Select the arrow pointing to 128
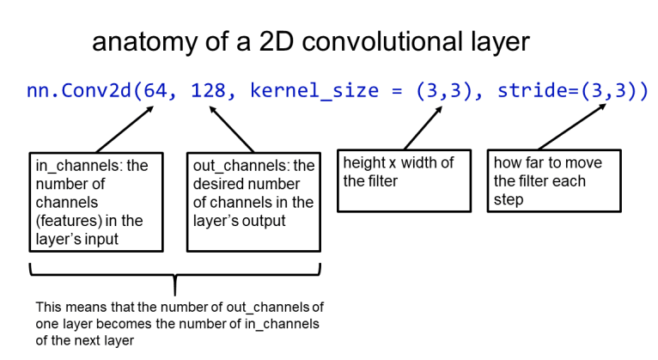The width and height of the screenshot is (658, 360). pos(232,129)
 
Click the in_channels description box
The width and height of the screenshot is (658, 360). pos(95,202)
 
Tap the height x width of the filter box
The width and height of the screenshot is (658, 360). pos(400,181)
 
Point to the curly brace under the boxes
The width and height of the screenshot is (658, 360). pos(175,277)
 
